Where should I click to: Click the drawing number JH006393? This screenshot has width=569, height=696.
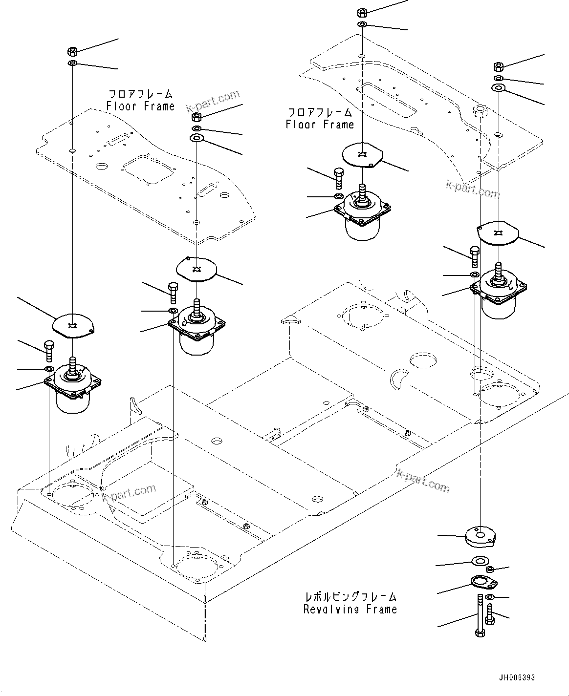coord(517,677)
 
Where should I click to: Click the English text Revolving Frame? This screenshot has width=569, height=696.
coord(350,609)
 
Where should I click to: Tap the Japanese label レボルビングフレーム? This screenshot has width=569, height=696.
coord(350,596)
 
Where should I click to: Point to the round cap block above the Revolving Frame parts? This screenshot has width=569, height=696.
coord(480,537)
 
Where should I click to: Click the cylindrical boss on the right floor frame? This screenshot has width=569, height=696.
coord(480,111)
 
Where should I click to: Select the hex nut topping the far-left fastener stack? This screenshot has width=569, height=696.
coord(72,51)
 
